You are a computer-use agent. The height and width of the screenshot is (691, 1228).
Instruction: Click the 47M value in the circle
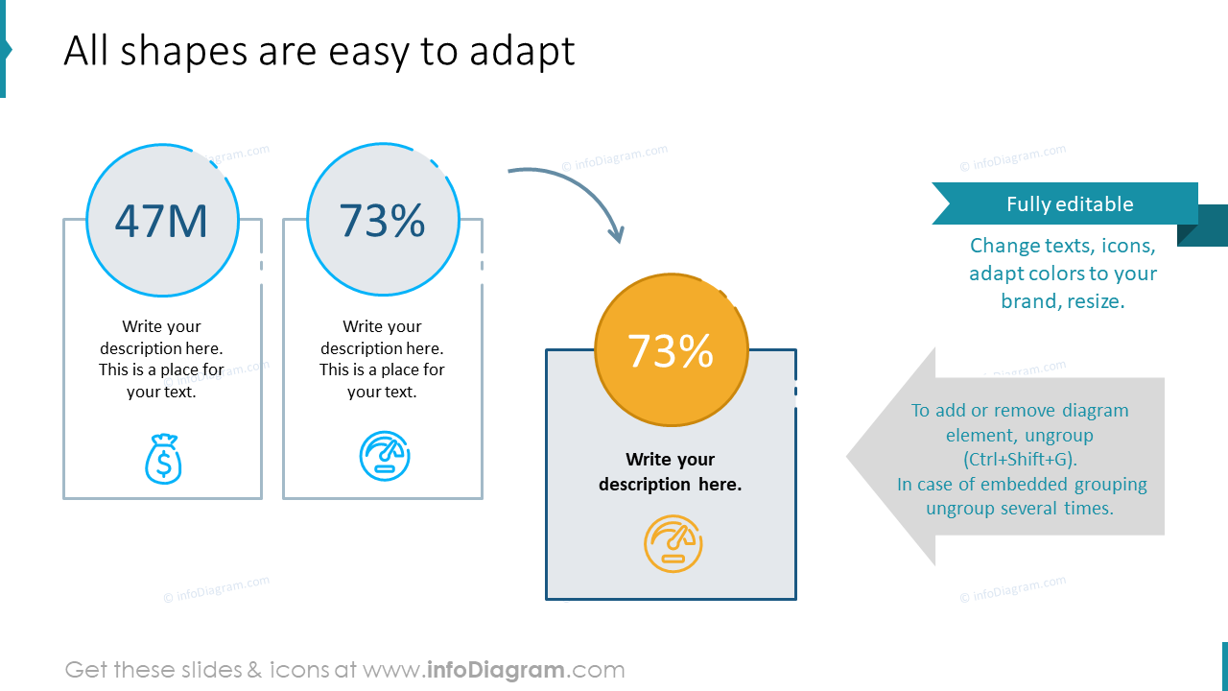pyautogui.click(x=161, y=221)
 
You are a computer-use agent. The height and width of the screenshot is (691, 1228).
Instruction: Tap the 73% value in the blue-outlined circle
pyautogui.click(x=382, y=221)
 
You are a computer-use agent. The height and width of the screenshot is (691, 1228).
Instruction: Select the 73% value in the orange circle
pyautogui.click(x=671, y=351)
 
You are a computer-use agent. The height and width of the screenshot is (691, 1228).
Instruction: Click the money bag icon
pyautogui.click(x=163, y=459)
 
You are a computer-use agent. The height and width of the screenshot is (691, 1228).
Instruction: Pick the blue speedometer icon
pyautogui.click(x=385, y=456)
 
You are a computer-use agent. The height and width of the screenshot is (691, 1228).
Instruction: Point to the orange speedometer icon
pyautogui.click(x=673, y=544)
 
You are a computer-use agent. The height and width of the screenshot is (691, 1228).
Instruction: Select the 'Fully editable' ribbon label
pyautogui.click(x=1070, y=204)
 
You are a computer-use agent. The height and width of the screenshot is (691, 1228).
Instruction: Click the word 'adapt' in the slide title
pyautogui.click(x=522, y=51)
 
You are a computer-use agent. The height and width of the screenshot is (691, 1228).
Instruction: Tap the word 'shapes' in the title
pyautogui.click(x=183, y=51)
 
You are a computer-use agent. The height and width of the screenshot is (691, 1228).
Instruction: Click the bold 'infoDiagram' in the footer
pyautogui.click(x=496, y=670)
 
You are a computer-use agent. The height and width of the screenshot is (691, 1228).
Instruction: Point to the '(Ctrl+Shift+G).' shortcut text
pyautogui.click(x=1020, y=459)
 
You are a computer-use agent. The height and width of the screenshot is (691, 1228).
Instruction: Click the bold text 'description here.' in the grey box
pyautogui.click(x=670, y=485)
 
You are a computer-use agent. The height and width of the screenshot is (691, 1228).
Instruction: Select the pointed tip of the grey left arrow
pyautogui.click(x=847, y=456)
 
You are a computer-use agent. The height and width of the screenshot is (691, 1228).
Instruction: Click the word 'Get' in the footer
pyautogui.click(x=86, y=670)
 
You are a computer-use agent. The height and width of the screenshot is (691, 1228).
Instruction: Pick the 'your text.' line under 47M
pyautogui.click(x=161, y=392)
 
